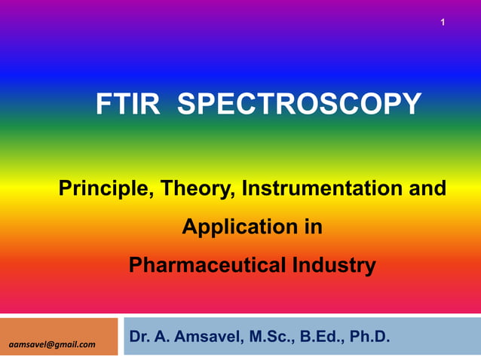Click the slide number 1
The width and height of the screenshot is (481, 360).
tap(443, 23)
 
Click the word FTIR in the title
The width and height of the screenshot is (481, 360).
tap(127, 104)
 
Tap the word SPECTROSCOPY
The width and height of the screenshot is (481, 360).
tap(299, 104)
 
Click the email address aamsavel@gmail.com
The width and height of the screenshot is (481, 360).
tap(52, 345)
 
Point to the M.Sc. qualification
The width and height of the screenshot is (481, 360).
tap(268, 335)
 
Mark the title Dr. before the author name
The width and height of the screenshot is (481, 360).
tap(139, 335)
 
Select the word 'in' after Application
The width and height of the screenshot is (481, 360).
tap(314, 226)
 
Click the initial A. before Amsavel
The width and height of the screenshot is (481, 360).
tap(162, 335)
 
